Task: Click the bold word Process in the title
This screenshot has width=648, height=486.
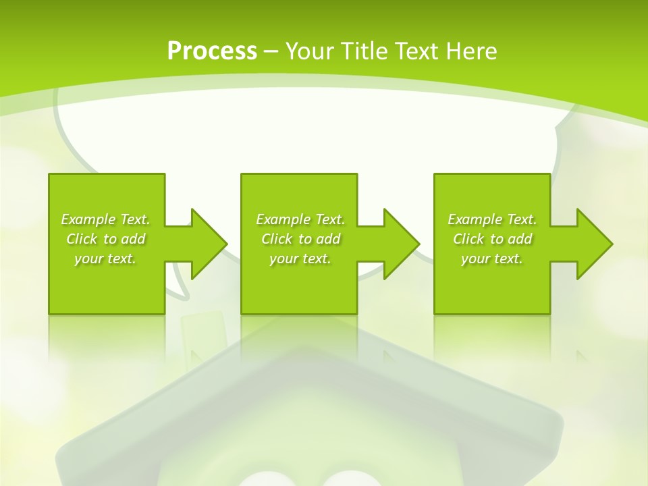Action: click(x=212, y=51)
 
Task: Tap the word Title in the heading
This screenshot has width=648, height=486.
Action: click(x=365, y=51)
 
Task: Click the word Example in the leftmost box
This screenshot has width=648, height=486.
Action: click(x=88, y=219)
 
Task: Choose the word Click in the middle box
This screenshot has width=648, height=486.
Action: click(x=277, y=239)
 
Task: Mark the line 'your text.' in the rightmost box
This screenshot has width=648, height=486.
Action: click(x=492, y=259)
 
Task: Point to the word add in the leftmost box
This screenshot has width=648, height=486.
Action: click(x=134, y=239)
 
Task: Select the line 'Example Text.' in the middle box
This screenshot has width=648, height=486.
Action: click(x=300, y=219)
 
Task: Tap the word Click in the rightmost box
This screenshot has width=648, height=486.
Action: click(x=468, y=239)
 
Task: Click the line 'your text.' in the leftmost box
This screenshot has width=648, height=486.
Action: click(x=105, y=259)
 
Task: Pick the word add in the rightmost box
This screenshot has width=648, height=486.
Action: click(x=520, y=239)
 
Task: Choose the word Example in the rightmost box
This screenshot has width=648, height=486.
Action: click(x=475, y=219)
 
